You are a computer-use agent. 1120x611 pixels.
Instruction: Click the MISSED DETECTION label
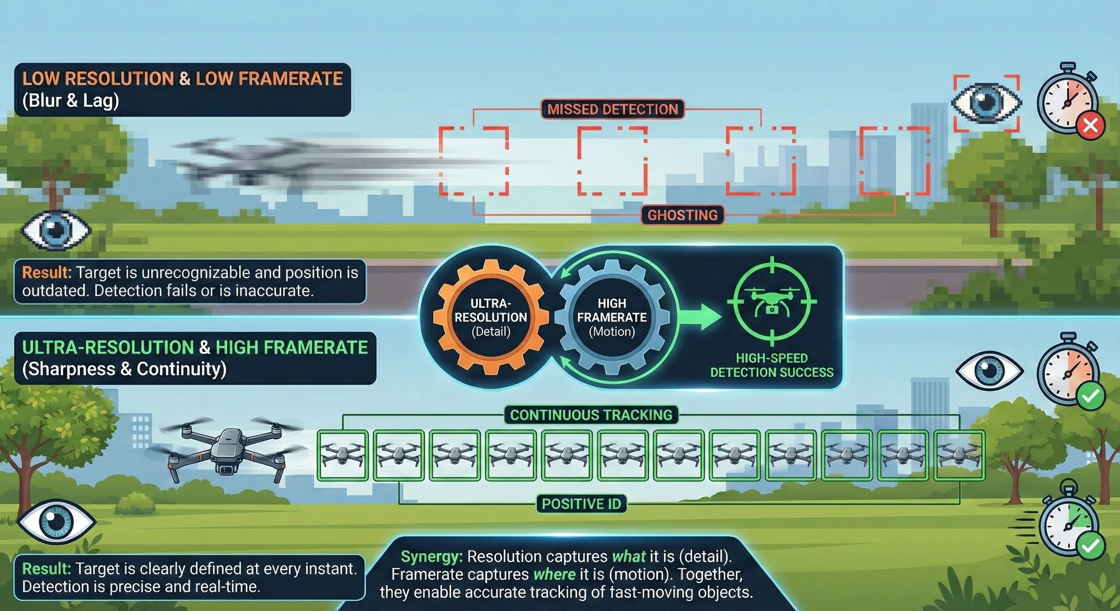[x=612, y=109]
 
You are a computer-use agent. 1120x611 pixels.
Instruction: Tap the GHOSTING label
[x=682, y=215]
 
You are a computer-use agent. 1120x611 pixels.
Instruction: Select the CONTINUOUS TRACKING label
[x=591, y=415]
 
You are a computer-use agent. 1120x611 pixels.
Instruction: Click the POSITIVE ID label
[x=582, y=504]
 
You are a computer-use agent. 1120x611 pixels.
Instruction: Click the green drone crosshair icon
[x=771, y=301]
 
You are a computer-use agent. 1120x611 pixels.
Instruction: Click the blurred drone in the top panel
[x=251, y=161]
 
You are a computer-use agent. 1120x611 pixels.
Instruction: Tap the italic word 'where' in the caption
[x=555, y=574]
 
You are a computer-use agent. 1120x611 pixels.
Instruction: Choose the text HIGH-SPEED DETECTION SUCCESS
[x=771, y=365]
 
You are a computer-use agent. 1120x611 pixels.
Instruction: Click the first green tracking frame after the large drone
[x=343, y=456]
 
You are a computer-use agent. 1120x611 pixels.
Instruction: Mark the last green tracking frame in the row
[x=959, y=456]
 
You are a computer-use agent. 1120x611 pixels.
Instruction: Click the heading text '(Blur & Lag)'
[x=71, y=100]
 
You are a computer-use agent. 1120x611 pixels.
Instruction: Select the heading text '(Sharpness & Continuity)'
[x=125, y=369]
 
